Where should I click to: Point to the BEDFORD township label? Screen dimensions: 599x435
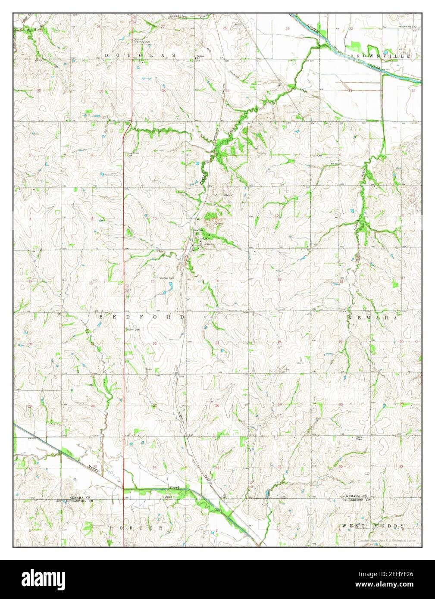pyautogui.click(x=142, y=317)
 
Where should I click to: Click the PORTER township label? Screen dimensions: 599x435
pyautogui.click(x=136, y=527)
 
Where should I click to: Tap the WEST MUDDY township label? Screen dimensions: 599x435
pyautogui.click(x=373, y=526)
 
